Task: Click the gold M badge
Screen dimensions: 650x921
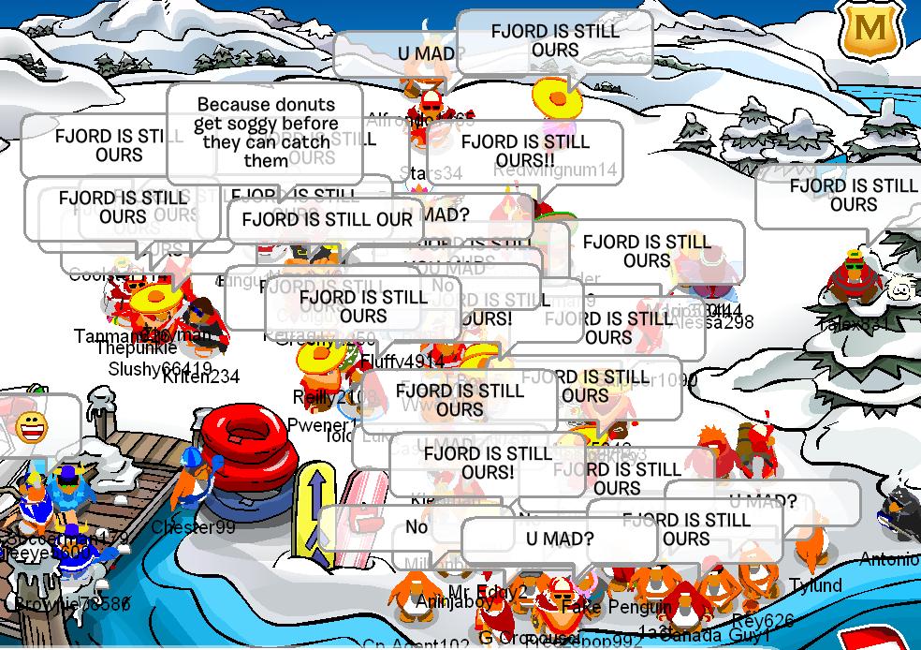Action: pyautogui.click(x=869, y=30)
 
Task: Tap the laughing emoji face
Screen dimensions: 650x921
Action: pyautogui.click(x=32, y=427)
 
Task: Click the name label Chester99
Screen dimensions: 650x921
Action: pyautogui.click(x=193, y=527)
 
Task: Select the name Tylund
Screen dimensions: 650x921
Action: pyautogui.click(x=815, y=585)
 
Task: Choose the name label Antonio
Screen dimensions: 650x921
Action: pyautogui.click(x=888, y=559)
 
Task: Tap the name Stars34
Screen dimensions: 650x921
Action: pyautogui.click(x=431, y=173)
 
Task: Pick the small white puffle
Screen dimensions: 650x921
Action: pyautogui.click(x=900, y=287)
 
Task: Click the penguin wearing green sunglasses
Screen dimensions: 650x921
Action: pyautogui.click(x=853, y=278)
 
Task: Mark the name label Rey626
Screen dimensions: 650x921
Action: pyautogui.click(x=762, y=620)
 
